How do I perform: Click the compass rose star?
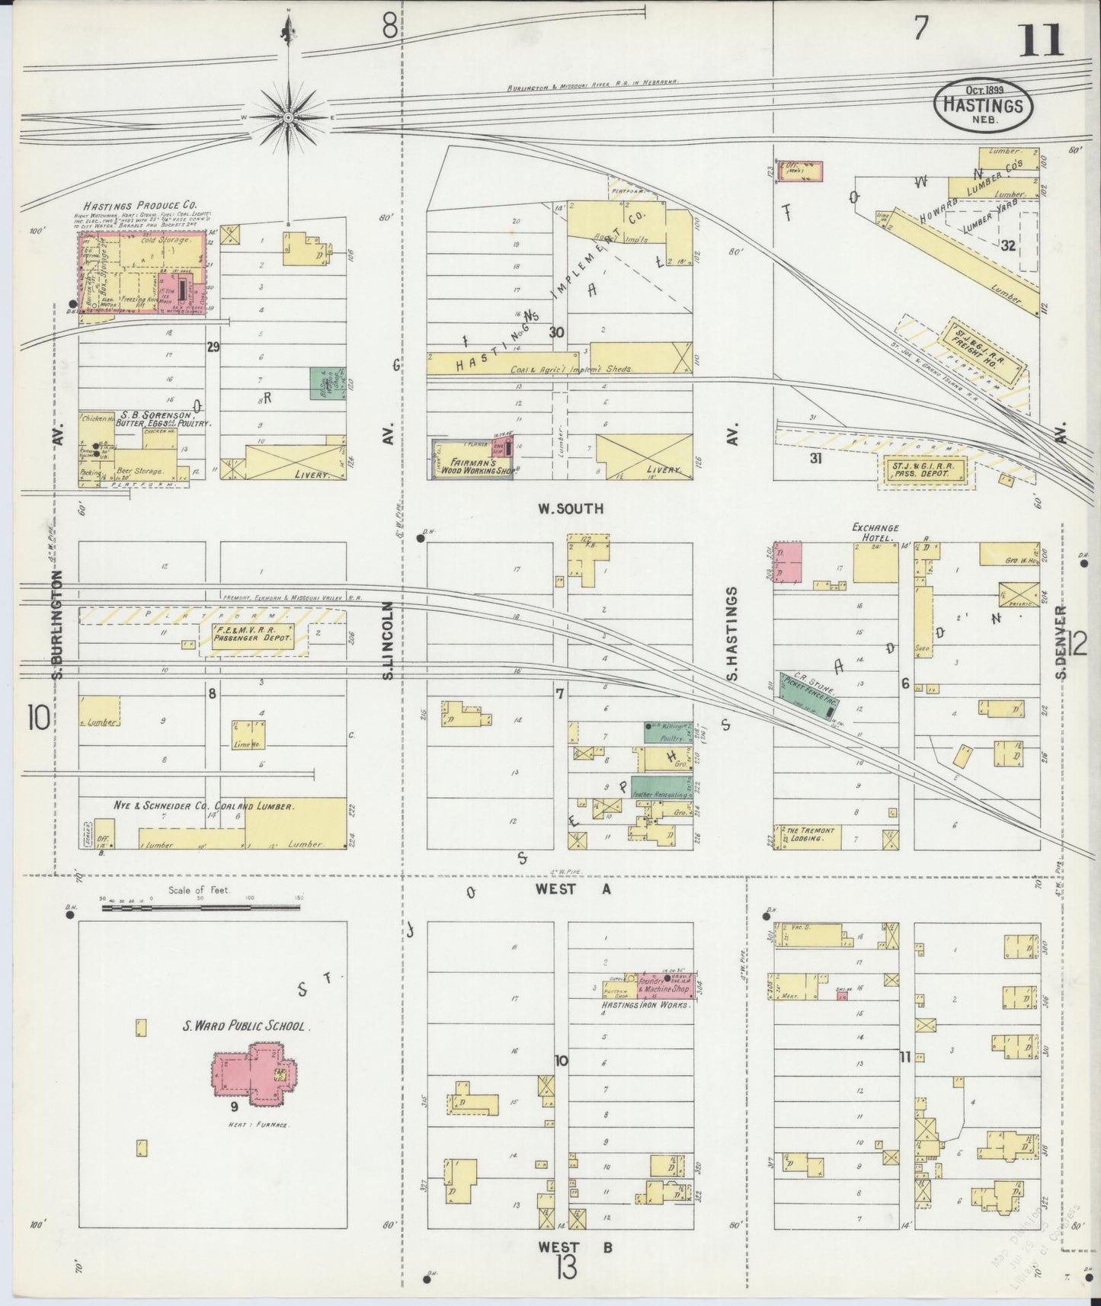pos(289,117)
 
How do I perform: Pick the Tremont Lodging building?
pos(808,837)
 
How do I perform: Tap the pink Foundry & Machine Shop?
pos(664,985)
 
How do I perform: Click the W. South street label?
pos(571,508)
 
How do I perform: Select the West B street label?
pos(574,1247)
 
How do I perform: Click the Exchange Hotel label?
pos(875,532)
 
